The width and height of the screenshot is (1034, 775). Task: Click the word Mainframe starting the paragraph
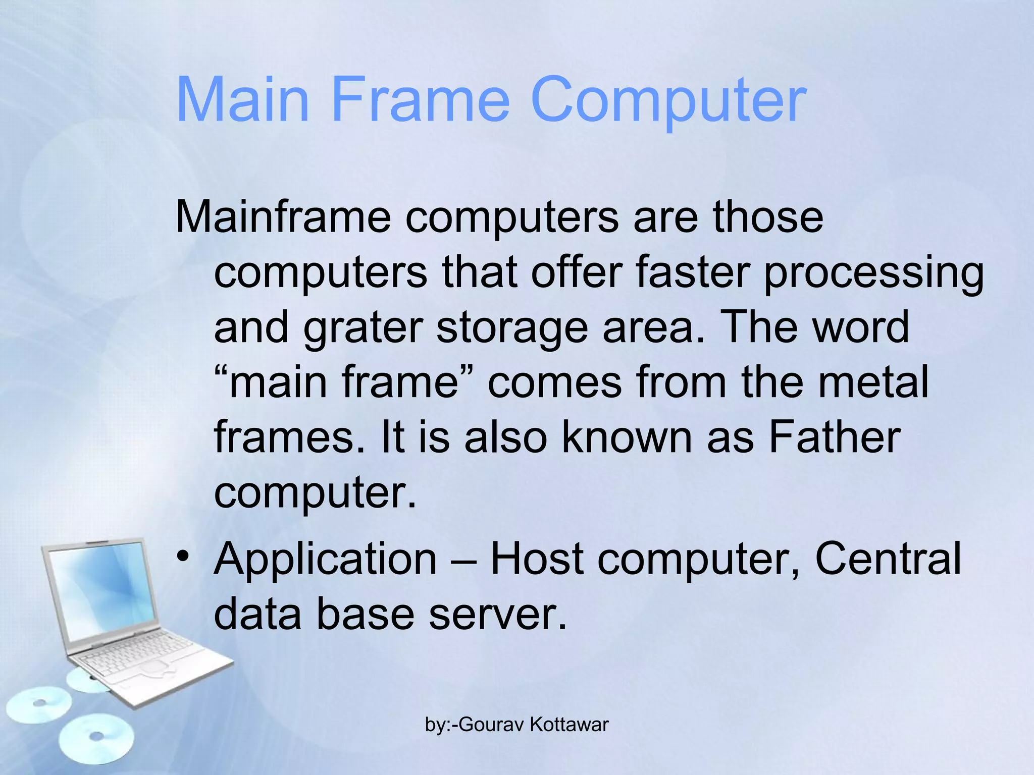(283, 217)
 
